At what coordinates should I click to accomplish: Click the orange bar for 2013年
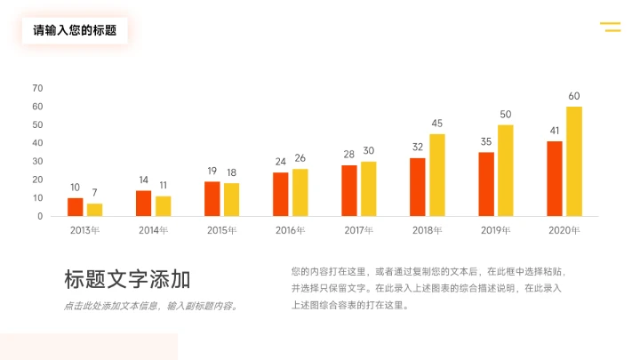[x=75, y=207]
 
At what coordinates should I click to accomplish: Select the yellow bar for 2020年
[x=574, y=162]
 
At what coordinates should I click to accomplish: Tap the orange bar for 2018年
[x=418, y=188]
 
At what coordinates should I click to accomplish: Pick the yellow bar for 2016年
[x=300, y=193]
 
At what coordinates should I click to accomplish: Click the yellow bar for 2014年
[x=163, y=206]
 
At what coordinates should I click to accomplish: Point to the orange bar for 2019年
[x=486, y=184]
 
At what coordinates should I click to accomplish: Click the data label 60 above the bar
[x=574, y=96]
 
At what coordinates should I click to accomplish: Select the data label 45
[x=437, y=124]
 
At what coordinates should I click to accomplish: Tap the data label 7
[x=94, y=193]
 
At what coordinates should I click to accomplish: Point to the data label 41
[x=555, y=131]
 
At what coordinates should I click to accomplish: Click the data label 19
[x=212, y=171]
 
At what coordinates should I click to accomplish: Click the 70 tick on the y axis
[x=37, y=88]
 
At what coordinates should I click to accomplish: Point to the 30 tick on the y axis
[x=37, y=162]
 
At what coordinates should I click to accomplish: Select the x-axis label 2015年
[x=221, y=230]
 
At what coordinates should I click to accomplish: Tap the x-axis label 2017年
[x=358, y=230]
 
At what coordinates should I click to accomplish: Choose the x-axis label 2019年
[x=495, y=230]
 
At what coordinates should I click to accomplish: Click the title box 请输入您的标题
[x=75, y=30]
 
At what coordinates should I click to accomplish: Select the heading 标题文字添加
[x=127, y=280]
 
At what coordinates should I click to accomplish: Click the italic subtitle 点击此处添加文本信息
[x=151, y=307]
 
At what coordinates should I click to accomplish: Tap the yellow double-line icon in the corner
[x=611, y=27]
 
